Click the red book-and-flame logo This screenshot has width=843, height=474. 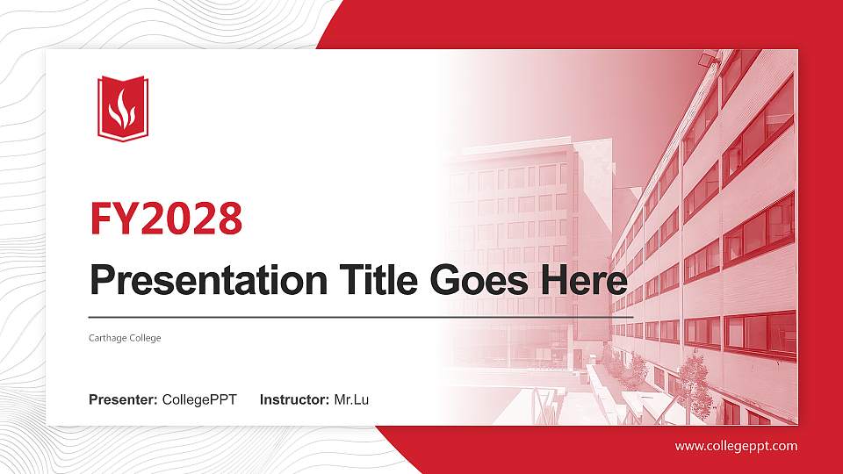[x=123, y=108]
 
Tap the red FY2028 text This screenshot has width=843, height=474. [x=166, y=219]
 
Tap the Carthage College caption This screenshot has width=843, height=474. [x=125, y=338]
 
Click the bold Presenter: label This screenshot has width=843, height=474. [x=123, y=400]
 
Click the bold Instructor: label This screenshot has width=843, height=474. [x=295, y=400]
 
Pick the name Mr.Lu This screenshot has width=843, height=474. [x=351, y=400]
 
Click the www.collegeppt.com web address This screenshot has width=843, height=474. [x=736, y=446]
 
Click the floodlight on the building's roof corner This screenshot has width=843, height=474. [x=706, y=60]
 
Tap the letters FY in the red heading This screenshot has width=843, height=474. [x=109, y=219]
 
